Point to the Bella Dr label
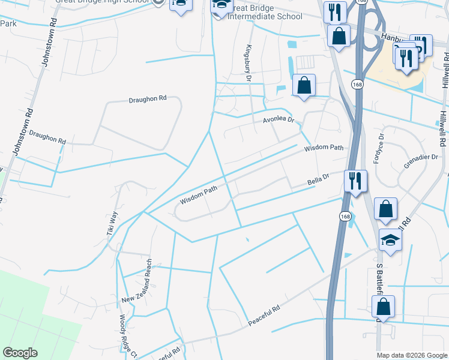click(x=319, y=178)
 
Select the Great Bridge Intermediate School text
click(x=264, y=13)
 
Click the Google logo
click(x=20, y=353)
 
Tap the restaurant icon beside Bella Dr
click(x=355, y=180)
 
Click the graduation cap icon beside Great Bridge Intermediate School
click(x=220, y=6)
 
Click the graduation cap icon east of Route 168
click(x=391, y=241)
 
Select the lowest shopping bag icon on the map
click(x=383, y=307)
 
